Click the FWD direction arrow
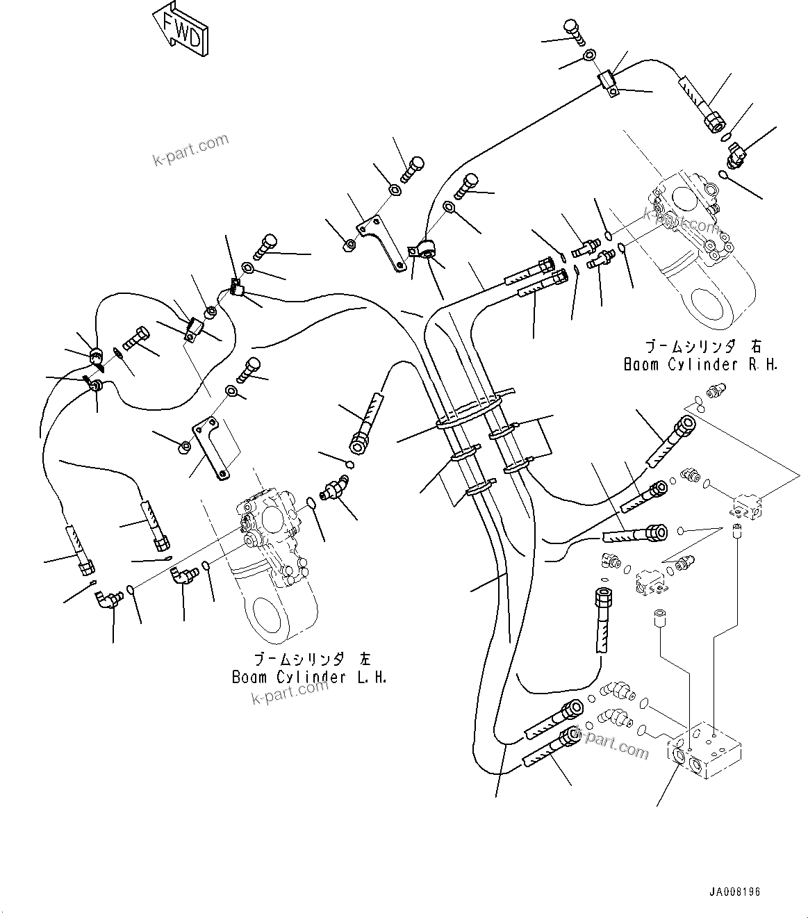click(180, 28)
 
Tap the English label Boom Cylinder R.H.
click(700, 364)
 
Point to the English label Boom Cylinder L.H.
click(309, 677)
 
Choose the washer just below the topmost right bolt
click(588, 56)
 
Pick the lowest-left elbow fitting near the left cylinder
click(107, 598)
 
